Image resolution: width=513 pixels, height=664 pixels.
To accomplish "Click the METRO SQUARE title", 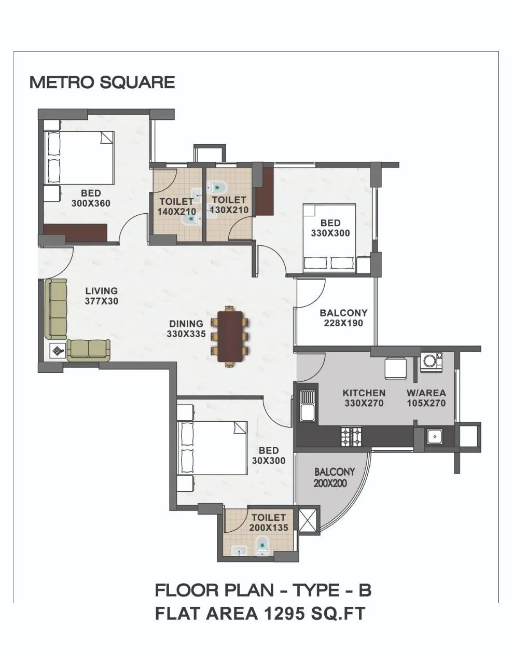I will [102, 82].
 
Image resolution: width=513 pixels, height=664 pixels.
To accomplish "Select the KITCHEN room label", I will [364, 393].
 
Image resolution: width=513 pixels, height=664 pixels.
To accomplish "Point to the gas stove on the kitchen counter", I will [351, 436].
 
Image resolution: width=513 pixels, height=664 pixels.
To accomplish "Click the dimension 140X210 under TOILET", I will [176, 212].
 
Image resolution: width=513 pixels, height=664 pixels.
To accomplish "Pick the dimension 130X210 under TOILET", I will [229, 210].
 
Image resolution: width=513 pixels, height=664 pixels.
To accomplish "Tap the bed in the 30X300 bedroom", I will [212, 447].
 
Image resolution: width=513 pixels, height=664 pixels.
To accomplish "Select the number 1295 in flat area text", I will [283, 614].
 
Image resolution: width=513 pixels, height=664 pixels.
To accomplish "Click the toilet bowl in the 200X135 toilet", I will [263, 544].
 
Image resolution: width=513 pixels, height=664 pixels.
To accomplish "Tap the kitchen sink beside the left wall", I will [307, 406].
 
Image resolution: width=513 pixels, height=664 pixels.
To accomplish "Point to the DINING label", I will [186, 324].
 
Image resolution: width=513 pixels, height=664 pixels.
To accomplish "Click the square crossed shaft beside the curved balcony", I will [308, 520].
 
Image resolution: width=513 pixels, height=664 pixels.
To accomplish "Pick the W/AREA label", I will [426, 393].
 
